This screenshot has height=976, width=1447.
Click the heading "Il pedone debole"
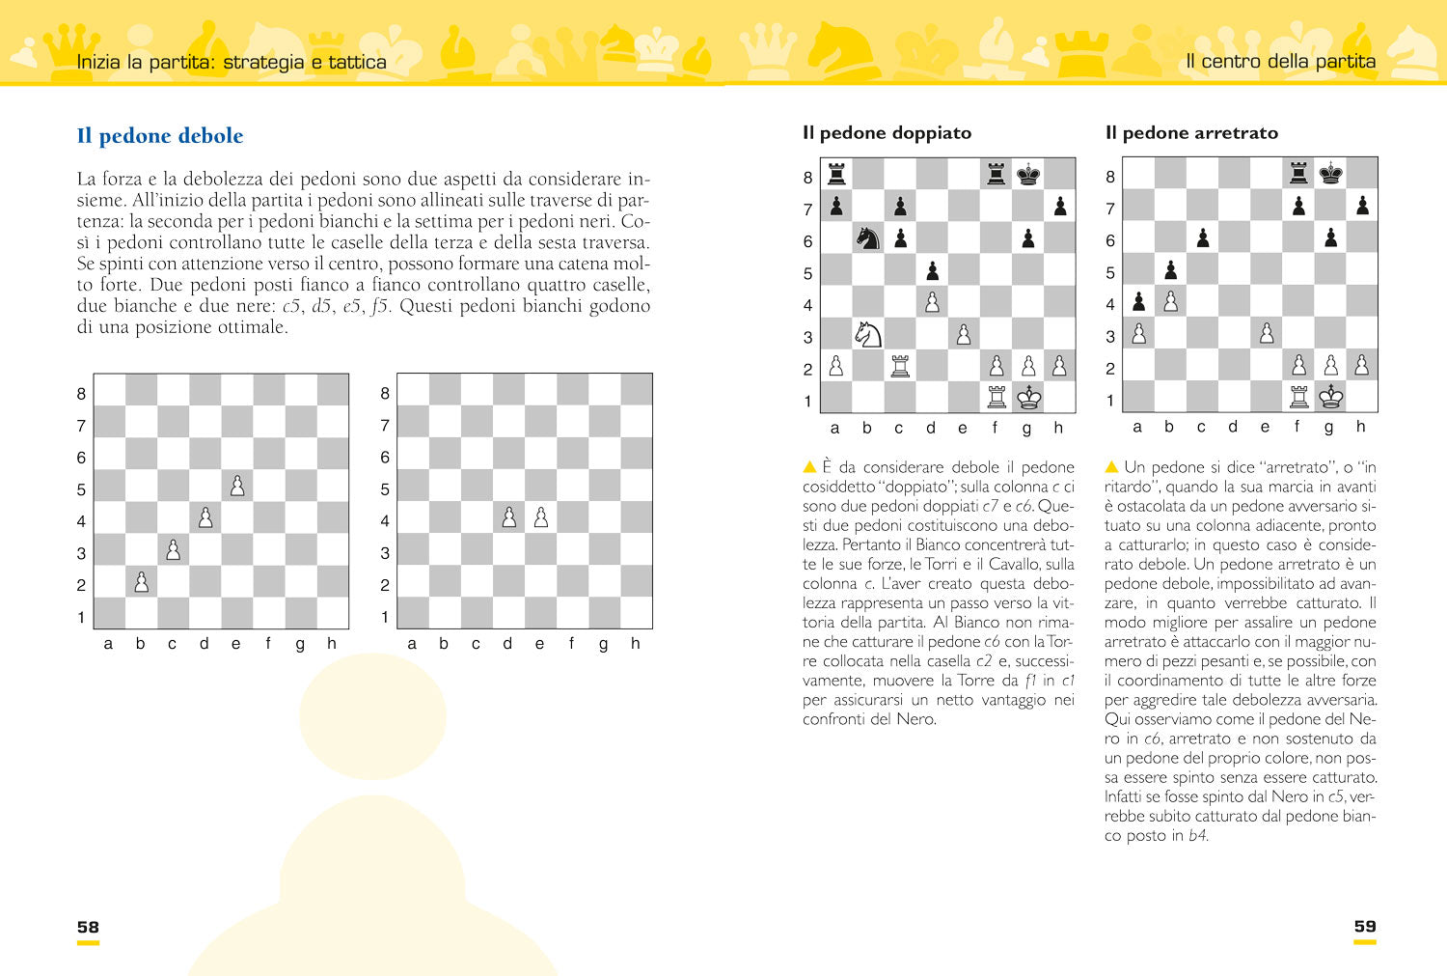tap(160, 136)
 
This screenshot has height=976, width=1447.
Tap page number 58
tap(88, 927)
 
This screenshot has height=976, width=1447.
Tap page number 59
tap(1365, 927)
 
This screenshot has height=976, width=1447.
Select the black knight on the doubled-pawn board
tap(868, 238)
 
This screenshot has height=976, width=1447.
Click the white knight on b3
tap(868, 334)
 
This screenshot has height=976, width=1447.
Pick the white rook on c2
tap(900, 367)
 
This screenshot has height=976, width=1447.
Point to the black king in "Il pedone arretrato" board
tap(1331, 174)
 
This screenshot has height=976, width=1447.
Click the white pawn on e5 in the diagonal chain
tap(237, 487)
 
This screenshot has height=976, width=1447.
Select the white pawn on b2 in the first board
tap(142, 582)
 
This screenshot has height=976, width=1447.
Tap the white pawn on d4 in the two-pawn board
tap(509, 518)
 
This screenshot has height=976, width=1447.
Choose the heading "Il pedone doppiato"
tap(887, 133)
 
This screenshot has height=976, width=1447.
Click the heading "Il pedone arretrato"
tap(1191, 133)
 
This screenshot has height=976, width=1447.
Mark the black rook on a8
tap(836, 175)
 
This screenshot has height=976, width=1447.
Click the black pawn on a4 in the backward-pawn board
tap(1139, 302)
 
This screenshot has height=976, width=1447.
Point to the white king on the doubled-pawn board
tap(1028, 398)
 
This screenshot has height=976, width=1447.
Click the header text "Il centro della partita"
tap(1280, 62)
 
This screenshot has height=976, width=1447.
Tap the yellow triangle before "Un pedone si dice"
tap(1111, 467)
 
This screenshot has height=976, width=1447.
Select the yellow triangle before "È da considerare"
tap(809, 467)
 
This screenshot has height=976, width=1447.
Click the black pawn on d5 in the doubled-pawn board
tap(932, 270)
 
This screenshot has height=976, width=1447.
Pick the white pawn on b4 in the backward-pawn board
tap(1171, 302)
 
